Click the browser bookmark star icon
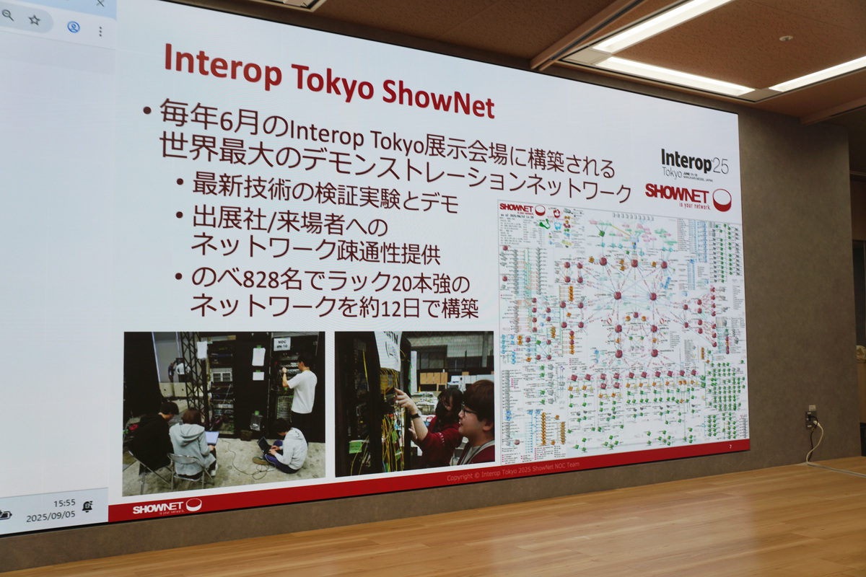pyautogui.click(x=35, y=20)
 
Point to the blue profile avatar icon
pyautogui.click(x=73, y=27)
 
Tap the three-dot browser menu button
pyautogui.click(x=100, y=31)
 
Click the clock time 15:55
pyautogui.click(x=64, y=503)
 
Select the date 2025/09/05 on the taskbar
pyautogui.click(x=51, y=517)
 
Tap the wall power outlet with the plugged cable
pyautogui.click(x=810, y=417)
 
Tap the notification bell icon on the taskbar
pyautogui.click(x=87, y=506)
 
